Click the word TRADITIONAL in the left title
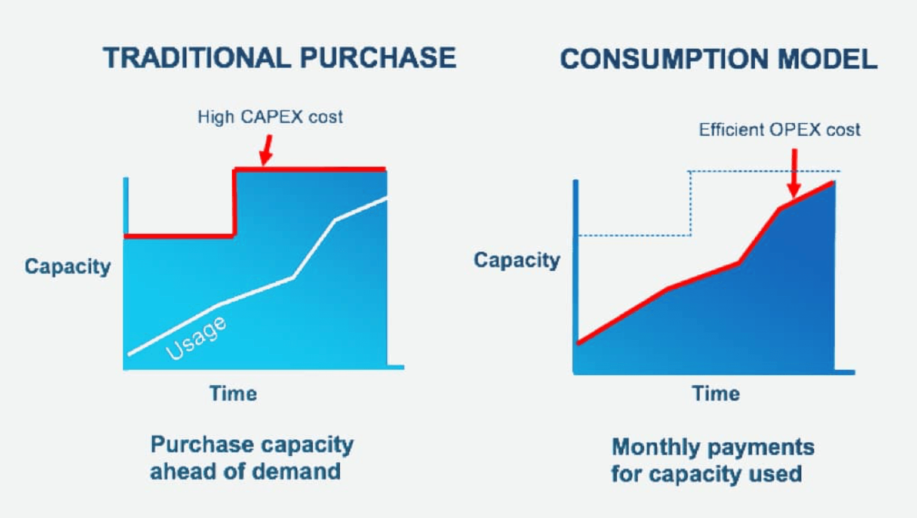pyautogui.click(x=196, y=58)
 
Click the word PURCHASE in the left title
pyautogui.click(x=378, y=58)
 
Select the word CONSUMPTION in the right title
pyautogui.click(x=664, y=59)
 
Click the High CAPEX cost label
pyautogui.click(x=270, y=117)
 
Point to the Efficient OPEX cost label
pyautogui.click(x=779, y=130)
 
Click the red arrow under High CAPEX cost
pyautogui.click(x=267, y=150)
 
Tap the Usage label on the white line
pyautogui.click(x=196, y=338)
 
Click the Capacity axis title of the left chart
pyautogui.click(x=68, y=267)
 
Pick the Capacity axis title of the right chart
pyautogui.click(x=517, y=260)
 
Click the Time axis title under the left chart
pyautogui.click(x=233, y=393)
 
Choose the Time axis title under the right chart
pyautogui.click(x=715, y=393)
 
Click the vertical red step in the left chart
pyautogui.click(x=235, y=203)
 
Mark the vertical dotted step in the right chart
pyautogui.click(x=690, y=203)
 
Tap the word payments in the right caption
pyautogui.click(x=764, y=448)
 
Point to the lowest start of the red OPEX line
pyautogui.click(x=579, y=343)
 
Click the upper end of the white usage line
pyautogui.click(x=386, y=199)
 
